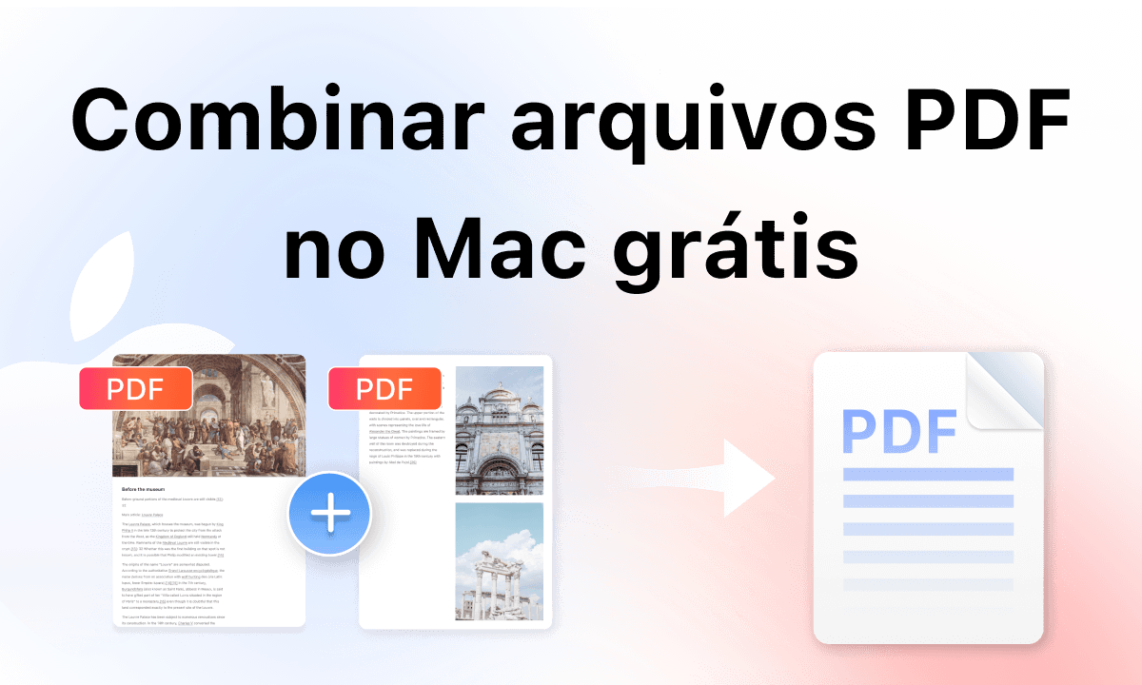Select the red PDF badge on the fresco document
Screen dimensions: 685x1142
click(x=135, y=389)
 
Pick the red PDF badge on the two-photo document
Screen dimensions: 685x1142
click(x=384, y=389)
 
